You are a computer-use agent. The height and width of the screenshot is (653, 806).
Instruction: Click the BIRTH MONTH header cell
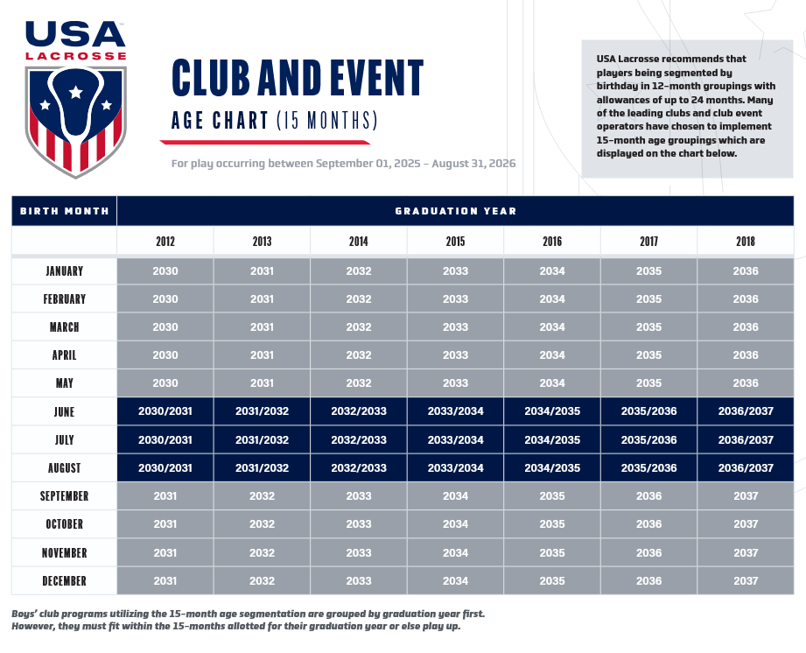pos(64,211)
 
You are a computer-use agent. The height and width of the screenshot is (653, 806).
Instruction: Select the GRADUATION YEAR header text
pos(455,211)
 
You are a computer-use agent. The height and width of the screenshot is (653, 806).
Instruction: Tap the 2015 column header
pos(455,242)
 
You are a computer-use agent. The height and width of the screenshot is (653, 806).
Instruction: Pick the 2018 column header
pos(746,242)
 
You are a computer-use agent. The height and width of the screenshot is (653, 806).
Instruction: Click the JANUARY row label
pos(64,271)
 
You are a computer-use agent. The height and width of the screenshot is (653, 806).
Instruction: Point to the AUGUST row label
pos(64,468)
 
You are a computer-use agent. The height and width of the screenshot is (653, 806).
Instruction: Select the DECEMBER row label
pos(64,580)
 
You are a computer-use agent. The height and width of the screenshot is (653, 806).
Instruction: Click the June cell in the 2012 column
pos(165,411)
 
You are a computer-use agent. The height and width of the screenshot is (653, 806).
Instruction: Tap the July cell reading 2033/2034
pos(455,440)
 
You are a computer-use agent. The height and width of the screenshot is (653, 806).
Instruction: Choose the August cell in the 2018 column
pos(746,468)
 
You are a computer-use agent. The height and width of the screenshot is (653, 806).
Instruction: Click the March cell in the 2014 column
pos(359,327)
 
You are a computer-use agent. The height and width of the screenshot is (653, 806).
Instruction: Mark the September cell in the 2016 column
pos(552,496)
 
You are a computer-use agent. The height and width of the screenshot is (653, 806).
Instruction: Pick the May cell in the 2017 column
pos(648,383)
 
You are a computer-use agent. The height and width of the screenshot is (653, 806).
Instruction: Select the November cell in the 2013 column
pos(262,552)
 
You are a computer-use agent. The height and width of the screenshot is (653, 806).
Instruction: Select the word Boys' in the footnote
pos(26,614)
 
